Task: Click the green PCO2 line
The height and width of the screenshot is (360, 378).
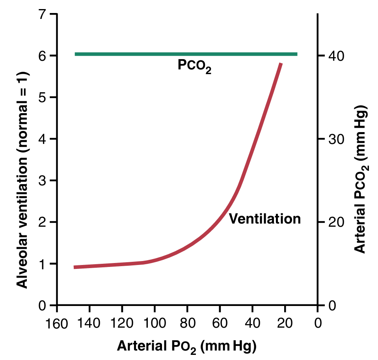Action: [185, 54]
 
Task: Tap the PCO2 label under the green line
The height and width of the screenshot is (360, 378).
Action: [194, 66]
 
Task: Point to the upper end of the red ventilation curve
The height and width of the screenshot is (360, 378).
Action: [281, 64]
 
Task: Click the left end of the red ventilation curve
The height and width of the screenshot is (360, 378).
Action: [75, 267]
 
